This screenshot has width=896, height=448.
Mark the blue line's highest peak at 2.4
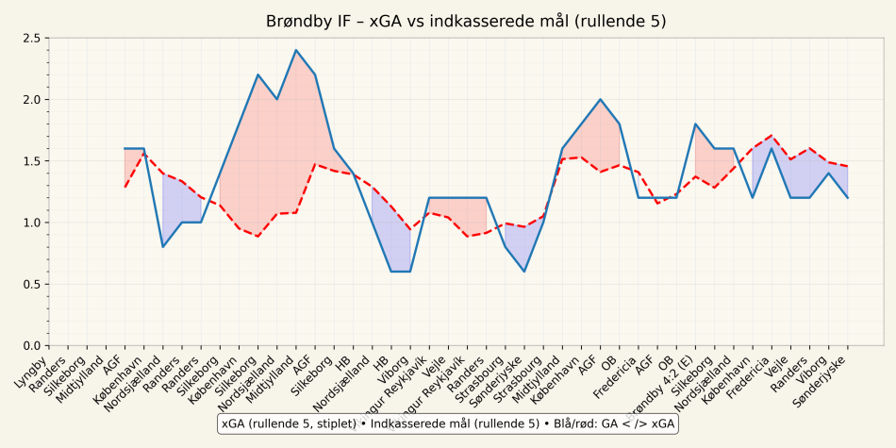[296, 50]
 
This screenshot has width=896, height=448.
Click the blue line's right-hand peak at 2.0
[601, 99]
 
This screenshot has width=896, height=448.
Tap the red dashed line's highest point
[772, 136]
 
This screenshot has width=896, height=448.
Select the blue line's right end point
[848, 198]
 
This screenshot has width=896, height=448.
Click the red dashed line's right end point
[848, 167]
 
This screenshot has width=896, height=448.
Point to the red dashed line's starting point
[124, 187]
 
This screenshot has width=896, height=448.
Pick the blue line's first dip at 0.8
[163, 247]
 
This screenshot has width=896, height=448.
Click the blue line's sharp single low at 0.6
[524, 272]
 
